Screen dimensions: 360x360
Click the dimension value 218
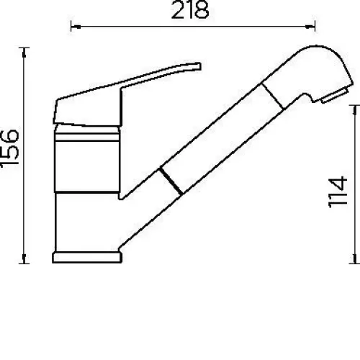click(x=190, y=10)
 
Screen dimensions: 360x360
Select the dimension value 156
click(x=9, y=148)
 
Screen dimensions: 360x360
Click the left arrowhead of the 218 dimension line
click(x=76, y=27)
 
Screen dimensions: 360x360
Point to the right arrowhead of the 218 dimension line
click(x=310, y=27)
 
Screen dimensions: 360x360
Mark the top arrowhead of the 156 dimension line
click(x=24, y=53)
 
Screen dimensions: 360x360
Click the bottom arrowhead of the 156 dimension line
click(x=24, y=258)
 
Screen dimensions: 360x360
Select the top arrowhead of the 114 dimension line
click(x=354, y=110)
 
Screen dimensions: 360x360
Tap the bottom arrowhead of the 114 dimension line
click(x=354, y=258)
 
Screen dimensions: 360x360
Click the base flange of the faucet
click(x=87, y=258)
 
